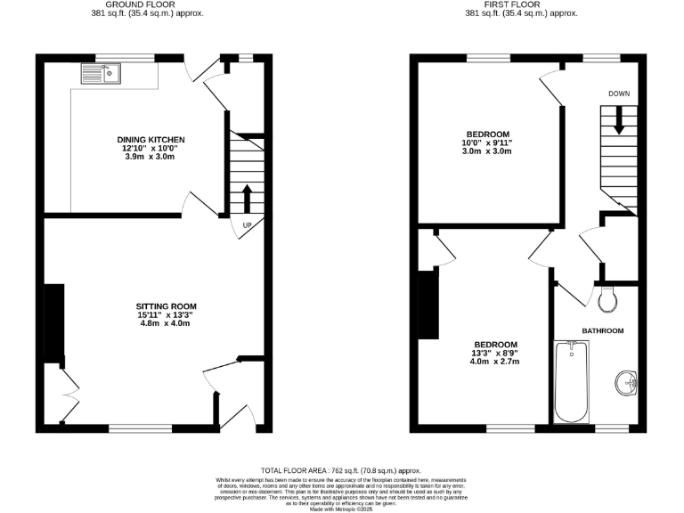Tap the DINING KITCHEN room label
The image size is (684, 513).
[x=151, y=140]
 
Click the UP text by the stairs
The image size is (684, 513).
[x=247, y=224]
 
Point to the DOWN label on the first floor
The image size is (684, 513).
[x=619, y=94]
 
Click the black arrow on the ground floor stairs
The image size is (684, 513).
[x=247, y=198]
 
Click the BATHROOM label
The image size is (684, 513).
[x=603, y=330]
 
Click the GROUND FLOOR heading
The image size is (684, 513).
[x=140, y=4]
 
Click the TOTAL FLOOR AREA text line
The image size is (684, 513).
[x=341, y=470]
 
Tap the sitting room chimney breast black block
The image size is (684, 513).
[x=54, y=325]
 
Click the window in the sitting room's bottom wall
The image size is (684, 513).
[x=140, y=428]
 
